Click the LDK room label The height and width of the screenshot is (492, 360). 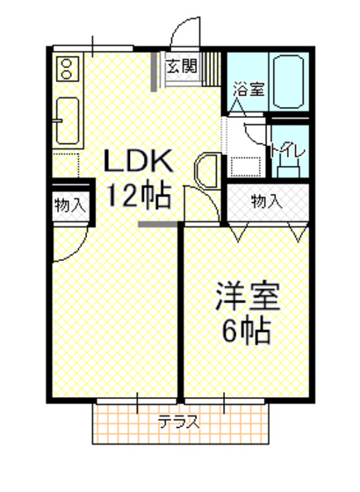click(140, 162)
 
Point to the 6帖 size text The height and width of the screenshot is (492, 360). click(247, 332)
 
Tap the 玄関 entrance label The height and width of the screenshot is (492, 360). click(183, 65)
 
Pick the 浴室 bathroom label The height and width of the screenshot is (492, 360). click(248, 89)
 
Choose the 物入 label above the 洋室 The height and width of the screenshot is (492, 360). click(266, 200)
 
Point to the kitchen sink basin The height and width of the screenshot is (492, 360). click(68, 120)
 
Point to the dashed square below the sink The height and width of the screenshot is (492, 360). click(67, 164)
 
